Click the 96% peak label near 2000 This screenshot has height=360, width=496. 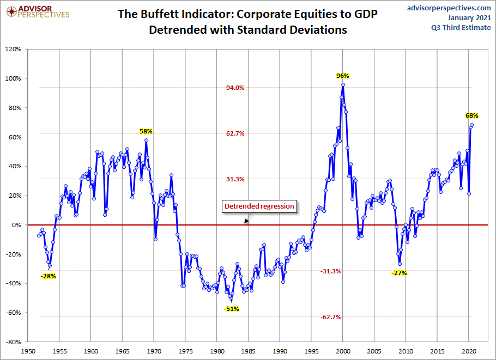(x=342, y=76)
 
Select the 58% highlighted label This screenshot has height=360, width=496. (x=146, y=131)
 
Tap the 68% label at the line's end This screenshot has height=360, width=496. (x=472, y=115)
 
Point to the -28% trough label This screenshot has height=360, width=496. (x=48, y=276)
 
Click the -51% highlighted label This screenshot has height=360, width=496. (x=231, y=309)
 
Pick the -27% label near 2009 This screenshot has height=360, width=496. (x=400, y=273)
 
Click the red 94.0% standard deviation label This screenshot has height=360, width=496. (x=236, y=88)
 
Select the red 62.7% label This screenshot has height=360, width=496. (x=236, y=133)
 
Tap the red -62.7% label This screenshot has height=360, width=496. (x=330, y=317)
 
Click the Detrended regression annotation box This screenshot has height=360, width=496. (x=259, y=206)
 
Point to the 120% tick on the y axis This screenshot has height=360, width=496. (x=13, y=49)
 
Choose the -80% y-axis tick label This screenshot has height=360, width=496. (x=13, y=342)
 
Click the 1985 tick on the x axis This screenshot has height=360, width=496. (x=249, y=352)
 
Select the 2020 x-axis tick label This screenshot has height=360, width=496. (x=469, y=352)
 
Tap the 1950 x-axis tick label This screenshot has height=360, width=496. (x=28, y=352)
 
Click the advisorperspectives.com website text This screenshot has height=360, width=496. (x=449, y=8)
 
